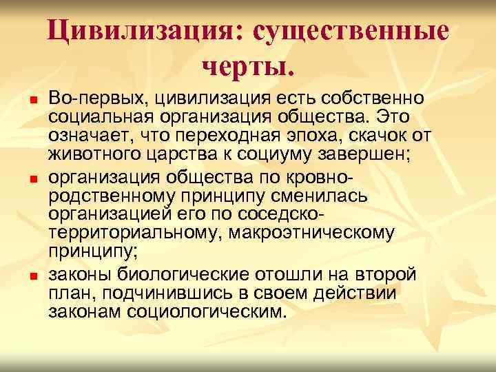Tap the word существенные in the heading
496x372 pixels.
point(351,32)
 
